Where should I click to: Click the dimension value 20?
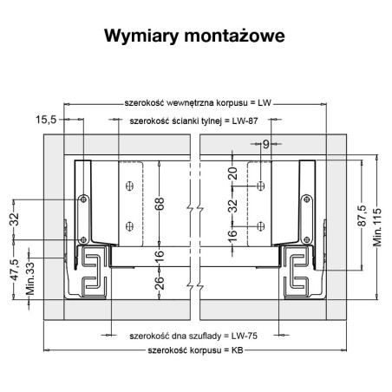point(232,173)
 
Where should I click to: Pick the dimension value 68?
point(159,205)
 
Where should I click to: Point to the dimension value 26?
point(159,284)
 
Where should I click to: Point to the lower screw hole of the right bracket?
point(261,226)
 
